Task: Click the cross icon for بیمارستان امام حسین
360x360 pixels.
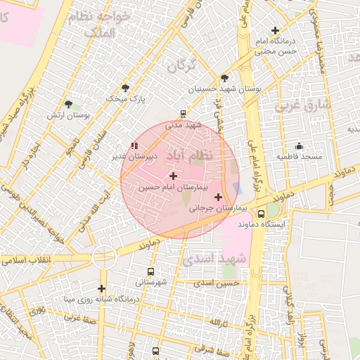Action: [x=173, y=175]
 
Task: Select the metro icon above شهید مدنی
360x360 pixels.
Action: [x=183, y=112]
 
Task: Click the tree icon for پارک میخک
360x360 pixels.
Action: [x=126, y=88]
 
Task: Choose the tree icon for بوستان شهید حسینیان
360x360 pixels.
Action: [x=224, y=78]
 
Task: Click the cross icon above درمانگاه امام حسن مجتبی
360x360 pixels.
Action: [x=275, y=30]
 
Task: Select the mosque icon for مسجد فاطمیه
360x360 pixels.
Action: [x=300, y=146]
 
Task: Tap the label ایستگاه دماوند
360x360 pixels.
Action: [x=262, y=224]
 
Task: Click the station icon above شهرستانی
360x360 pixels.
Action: [x=150, y=271]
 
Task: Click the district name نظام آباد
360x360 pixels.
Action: [x=191, y=154]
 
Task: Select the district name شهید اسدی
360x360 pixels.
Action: [x=211, y=259]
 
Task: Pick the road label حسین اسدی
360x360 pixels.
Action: [x=222, y=283]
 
